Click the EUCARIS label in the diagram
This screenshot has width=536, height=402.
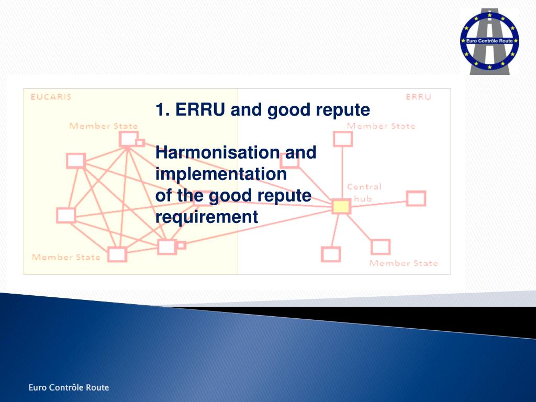point(51,97)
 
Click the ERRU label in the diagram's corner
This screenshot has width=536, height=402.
point(418,97)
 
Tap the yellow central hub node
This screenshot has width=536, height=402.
point(341,206)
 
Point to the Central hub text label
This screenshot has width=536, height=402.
point(364,192)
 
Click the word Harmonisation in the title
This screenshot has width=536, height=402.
point(216,153)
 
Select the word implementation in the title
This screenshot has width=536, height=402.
point(221,174)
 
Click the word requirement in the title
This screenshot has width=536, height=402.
point(207,216)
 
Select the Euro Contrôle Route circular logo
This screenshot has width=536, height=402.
point(489,41)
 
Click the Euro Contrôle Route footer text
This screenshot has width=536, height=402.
point(69,387)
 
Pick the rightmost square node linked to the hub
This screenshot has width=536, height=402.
point(416,198)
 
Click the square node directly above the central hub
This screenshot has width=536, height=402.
point(342,139)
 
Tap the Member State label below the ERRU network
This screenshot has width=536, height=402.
point(403,263)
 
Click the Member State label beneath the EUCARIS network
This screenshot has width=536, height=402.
point(66,257)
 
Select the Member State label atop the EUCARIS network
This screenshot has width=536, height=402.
point(104,126)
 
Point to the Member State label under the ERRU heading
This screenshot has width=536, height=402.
point(381,126)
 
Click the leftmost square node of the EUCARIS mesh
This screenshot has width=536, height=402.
point(66,215)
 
